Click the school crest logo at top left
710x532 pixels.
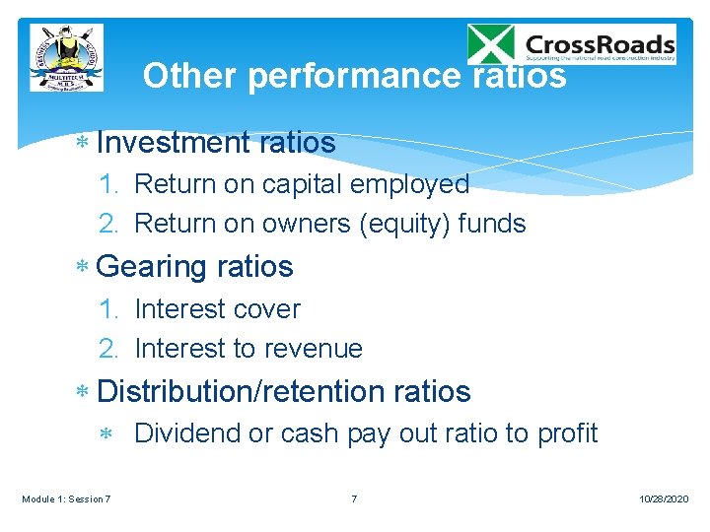[66, 58]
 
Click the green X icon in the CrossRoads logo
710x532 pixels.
[491, 45]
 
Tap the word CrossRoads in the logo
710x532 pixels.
[600, 44]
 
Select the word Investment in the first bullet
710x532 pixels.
[175, 143]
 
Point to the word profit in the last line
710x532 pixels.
[567, 433]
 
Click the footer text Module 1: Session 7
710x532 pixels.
[66, 499]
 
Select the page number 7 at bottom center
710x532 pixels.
[354, 499]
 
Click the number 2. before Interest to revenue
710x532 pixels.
[109, 349]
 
